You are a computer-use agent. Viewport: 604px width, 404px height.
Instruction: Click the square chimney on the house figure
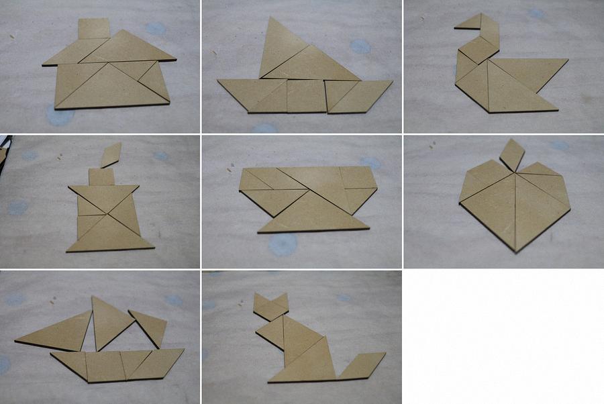pyautogui.click(x=94, y=29)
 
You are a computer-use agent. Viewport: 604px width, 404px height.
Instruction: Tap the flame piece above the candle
pyautogui.click(x=111, y=155)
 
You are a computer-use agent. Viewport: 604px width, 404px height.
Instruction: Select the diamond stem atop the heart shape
pyautogui.click(x=513, y=154)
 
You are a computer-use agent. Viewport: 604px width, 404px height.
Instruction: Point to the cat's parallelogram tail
pyautogui.click(x=361, y=366)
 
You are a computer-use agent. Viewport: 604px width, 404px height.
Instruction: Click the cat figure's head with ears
pyautogui.click(x=271, y=306)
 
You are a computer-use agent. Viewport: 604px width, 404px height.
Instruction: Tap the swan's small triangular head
pyautogui.click(x=467, y=25)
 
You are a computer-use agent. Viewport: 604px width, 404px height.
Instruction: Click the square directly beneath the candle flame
pyautogui.click(x=101, y=176)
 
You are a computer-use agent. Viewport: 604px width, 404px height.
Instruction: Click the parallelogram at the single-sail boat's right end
pyautogui.click(x=359, y=95)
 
